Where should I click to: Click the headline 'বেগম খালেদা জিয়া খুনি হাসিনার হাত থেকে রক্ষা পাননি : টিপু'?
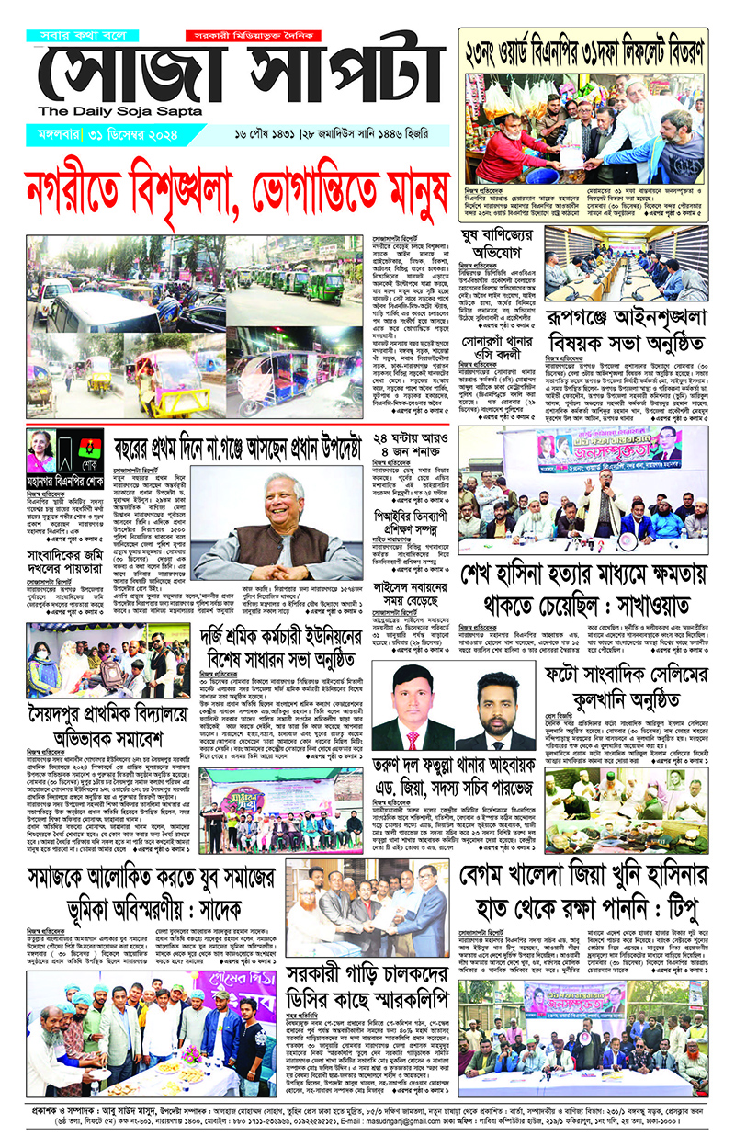584,880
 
